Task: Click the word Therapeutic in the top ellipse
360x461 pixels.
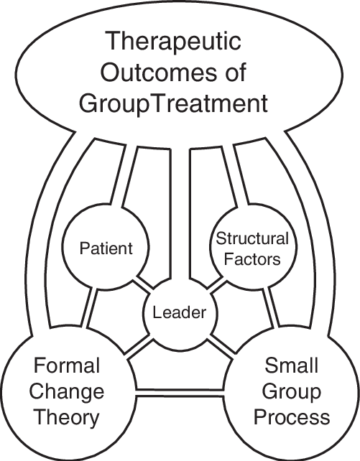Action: [x=180, y=42]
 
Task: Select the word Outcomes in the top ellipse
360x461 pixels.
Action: [x=180, y=73]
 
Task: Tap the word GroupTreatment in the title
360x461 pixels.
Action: [x=180, y=104]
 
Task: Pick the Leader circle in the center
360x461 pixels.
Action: [x=180, y=313]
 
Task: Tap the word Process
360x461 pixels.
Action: [x=292, y=416]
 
